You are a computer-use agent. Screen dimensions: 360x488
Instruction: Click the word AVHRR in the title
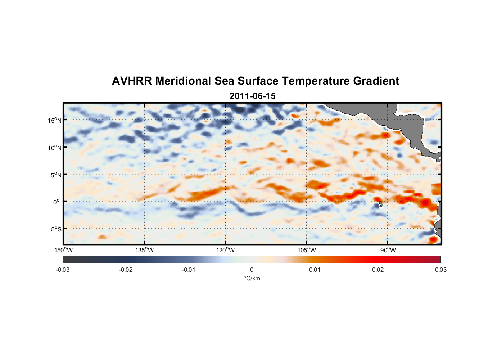(x=131, y=81)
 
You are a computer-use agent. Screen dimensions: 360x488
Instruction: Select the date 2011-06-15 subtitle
(x=252, y=96)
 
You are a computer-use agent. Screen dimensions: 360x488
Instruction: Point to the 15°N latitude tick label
(x=54, y=120)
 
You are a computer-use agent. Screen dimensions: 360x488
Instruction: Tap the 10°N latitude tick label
(x=54, y=148)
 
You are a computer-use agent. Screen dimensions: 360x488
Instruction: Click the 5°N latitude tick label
(x=56, y=175)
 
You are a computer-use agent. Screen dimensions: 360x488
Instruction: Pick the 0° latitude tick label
(x=57, y=202)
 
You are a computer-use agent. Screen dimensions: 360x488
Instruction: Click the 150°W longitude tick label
(x=63, y=250)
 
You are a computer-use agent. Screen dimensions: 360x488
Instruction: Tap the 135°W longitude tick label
(x=145, y=250)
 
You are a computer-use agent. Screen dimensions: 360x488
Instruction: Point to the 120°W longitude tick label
(x=226, y=250)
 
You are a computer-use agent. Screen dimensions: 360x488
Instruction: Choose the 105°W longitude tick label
(x=307, y=250)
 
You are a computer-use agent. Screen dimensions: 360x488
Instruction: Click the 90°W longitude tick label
(x=388, y=250)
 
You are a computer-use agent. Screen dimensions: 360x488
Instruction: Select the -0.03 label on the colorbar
(x=63, y=270)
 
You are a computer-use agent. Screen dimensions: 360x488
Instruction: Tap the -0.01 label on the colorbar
(x=189, y=270)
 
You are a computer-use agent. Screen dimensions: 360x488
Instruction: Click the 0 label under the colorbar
(x=252, y=270)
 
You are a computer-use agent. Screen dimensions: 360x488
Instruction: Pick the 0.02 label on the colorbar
(x=378, y=270)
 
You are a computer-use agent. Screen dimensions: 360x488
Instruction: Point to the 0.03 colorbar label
(x=440, y=270)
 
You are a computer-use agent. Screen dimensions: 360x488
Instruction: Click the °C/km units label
(x=252, y=278)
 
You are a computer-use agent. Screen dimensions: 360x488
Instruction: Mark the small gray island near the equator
(x=380, y=204)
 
